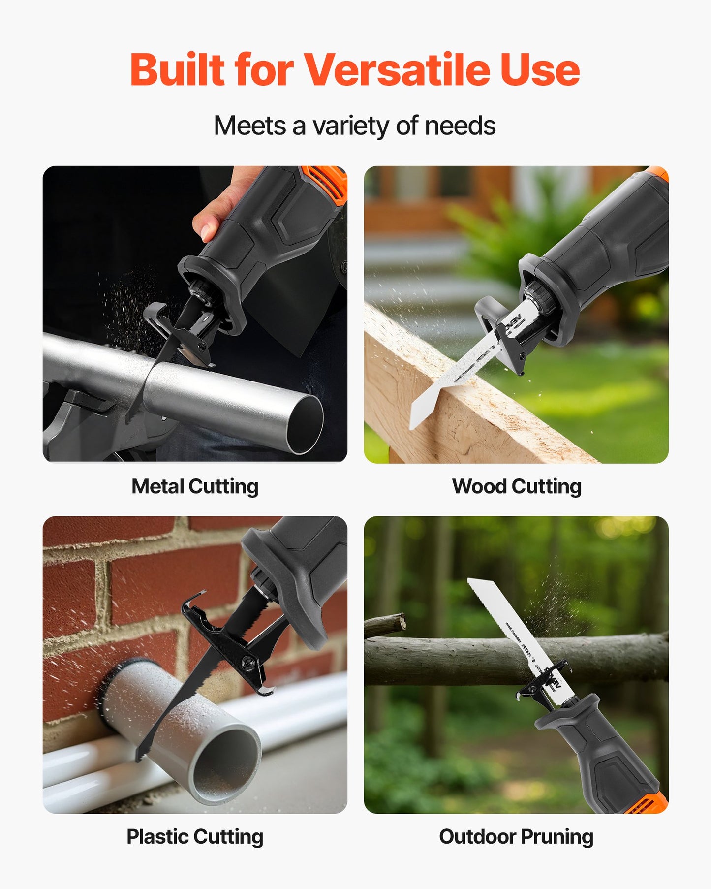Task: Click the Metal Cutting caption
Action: click(x=195, y=486)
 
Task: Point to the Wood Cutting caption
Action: click(x=517, y=486)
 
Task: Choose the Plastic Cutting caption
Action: click(x=195, y=836)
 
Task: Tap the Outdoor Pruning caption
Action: click(x=516, y=836)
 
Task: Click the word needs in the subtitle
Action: click(x=460, y=126)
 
